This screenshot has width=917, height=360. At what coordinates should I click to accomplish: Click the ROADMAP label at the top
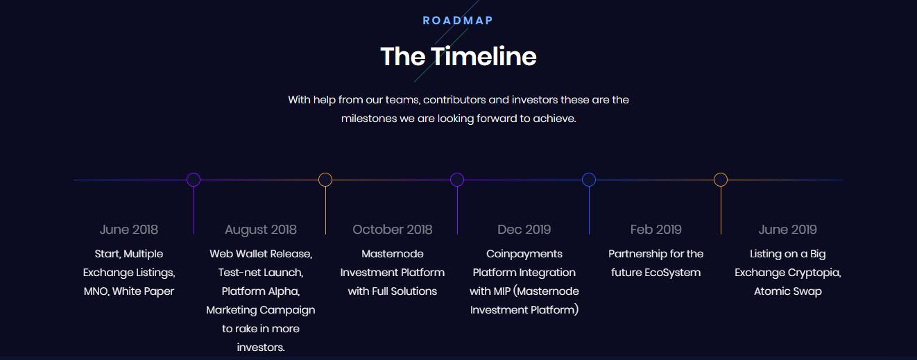458,21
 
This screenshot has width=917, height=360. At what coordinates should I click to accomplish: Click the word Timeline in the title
483,56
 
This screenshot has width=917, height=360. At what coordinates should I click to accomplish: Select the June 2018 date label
129,230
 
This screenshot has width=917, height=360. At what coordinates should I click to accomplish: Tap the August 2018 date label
261,230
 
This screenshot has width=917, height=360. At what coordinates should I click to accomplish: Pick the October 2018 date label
393,230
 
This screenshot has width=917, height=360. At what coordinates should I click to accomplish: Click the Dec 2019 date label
524,230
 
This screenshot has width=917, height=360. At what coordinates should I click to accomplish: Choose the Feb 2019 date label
655,230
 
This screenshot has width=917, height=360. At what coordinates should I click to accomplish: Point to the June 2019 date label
788,230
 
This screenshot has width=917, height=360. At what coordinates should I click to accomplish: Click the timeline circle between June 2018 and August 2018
194,173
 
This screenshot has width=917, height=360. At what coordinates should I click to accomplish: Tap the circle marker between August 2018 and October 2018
325,173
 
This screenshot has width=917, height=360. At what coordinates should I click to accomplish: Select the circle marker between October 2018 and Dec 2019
457,173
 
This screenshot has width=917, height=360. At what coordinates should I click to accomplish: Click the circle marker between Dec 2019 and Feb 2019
589,173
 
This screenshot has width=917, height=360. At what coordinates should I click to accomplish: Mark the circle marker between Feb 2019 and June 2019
721,173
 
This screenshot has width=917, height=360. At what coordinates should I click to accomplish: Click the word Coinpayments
524,254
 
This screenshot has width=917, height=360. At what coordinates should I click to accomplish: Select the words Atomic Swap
788,291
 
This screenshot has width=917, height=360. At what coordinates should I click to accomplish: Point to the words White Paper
144,291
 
